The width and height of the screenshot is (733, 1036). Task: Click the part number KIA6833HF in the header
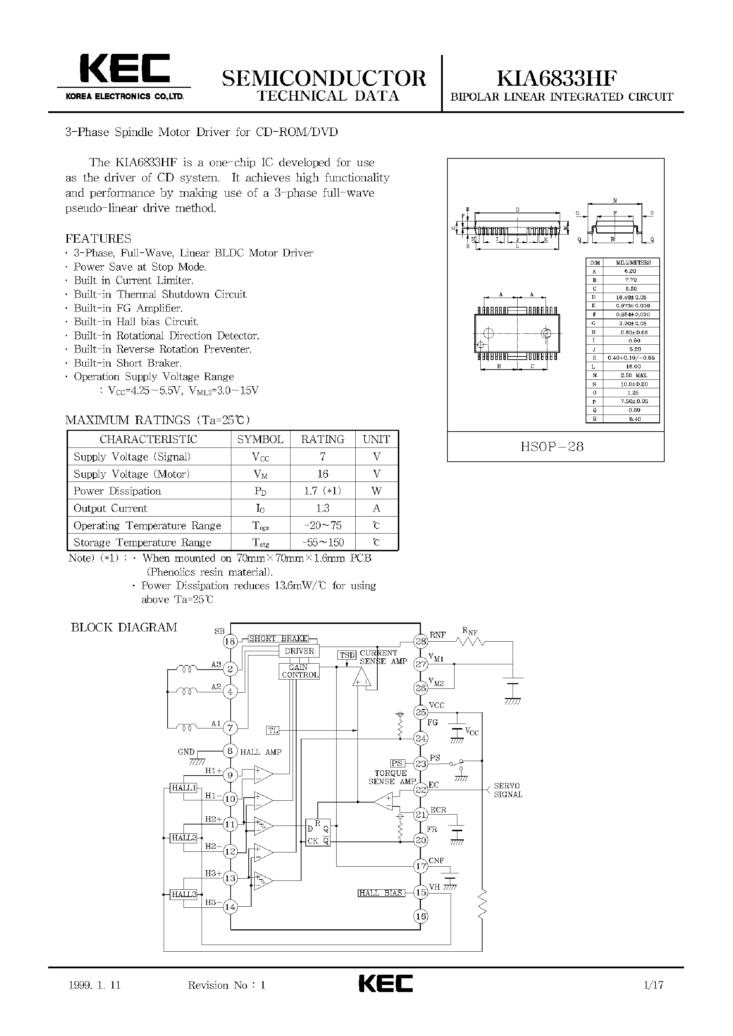[x=557, y=79]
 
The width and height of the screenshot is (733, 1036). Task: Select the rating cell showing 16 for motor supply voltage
[x=322, y=474]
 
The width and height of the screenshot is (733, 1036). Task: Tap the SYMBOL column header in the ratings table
[x=260, y=439]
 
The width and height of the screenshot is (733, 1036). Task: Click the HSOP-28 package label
[x=552, y=446]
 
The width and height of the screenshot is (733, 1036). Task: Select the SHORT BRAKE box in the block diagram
[x=278, y=639]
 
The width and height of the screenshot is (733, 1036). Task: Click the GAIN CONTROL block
[x=299, y=671]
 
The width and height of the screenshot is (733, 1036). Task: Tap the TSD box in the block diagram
[x=347, y=655]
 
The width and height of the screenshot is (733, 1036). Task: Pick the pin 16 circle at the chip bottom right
[x=421, y=916]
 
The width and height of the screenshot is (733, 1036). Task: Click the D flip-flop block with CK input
[x=318, y=833]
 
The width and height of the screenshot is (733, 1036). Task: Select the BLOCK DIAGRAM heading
[x=124, y=627]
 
